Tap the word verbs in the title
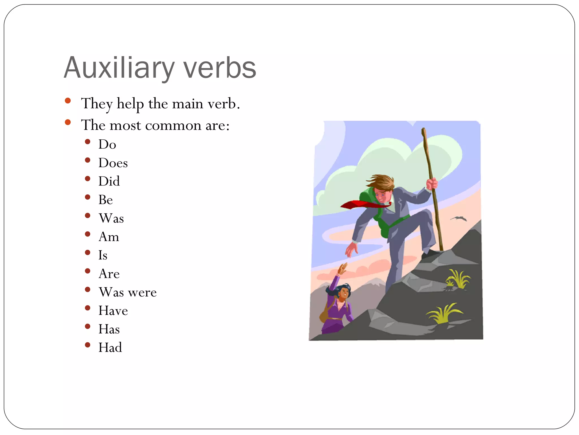[x=220, y=68]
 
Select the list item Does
[x=113, y=163]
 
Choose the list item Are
[x=109, y=274]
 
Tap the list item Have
[x=113, y=311]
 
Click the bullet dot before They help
[x=68, y=101]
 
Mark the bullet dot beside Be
[x=88, y=197]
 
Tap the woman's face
[x=344, y=293]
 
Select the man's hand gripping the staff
[x=432, y=184]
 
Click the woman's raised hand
[x=343, y=268]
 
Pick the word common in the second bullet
[x=173, y=125]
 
